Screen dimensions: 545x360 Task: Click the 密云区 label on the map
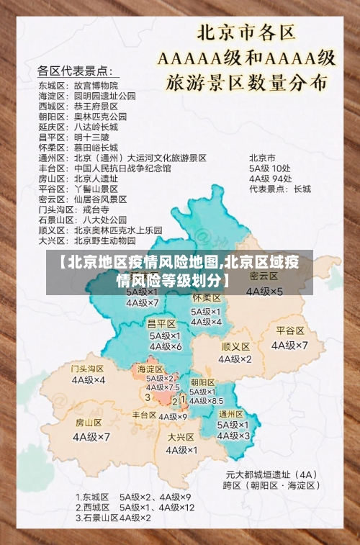(x=264, y=276)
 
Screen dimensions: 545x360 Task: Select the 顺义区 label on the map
(x=235, y=346)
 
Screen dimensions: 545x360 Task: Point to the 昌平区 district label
(x=161, y=323)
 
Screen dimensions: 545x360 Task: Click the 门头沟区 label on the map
(x=88, y=369)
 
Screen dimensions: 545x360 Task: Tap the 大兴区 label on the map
(x=181, y=436)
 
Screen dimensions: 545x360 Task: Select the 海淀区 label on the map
(x=151, y=369)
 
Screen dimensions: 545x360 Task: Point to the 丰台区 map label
(x=144, y=415)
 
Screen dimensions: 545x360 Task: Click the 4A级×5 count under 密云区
(x=264, y=292)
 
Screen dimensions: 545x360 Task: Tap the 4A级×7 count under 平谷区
(x=290, y=345)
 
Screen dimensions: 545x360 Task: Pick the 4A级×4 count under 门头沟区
(x=88, y=380)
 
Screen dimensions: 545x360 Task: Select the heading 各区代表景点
(x=74, y=71)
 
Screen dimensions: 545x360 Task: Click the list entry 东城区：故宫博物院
(x=78, y=84)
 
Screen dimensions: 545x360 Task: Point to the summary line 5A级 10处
(x=270, y=168)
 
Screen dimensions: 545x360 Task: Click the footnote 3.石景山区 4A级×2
(x=114, y=518)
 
